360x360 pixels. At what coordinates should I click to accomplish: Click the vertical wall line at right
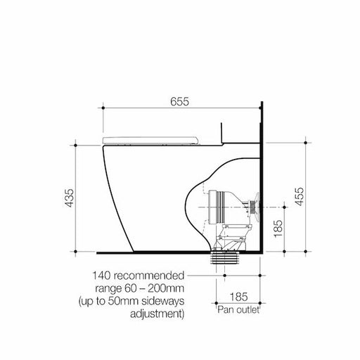(x=262, y=176)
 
